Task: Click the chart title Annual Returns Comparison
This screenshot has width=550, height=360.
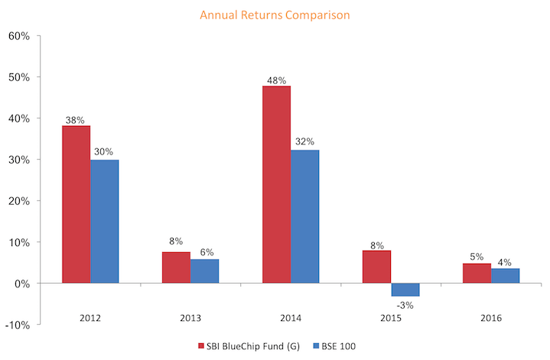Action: click(x=275, y=14)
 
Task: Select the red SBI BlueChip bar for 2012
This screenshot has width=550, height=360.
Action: click(x=76, y=204)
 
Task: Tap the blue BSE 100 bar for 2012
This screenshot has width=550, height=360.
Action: click(x=104, y=222)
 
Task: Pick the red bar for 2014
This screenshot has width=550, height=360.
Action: click(x=276, y=184)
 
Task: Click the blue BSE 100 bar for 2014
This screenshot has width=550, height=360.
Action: click(x=305, y=216)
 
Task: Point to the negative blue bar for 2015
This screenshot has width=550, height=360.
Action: click(x=405, y=290)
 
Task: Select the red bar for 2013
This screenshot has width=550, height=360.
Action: click(x=176, y=268)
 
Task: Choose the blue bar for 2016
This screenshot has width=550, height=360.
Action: click(x=506, y=276)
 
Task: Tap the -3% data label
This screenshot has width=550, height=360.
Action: click(x=406, y=306)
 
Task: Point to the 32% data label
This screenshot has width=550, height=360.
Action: click(x=305, y=141)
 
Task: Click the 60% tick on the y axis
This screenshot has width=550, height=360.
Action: click(x=19, y=36)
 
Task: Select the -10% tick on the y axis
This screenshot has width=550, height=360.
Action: click(x=17, y=325)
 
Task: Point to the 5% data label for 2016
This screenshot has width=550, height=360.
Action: click(x=477, y=258)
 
